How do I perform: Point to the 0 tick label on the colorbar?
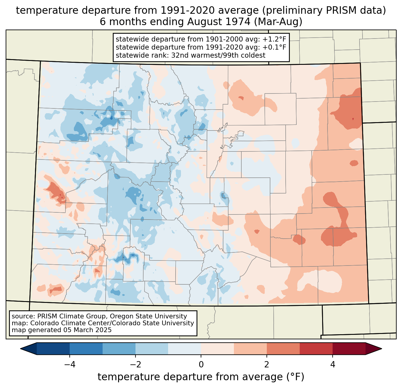[201, 364]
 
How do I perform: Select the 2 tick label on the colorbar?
[267, 364]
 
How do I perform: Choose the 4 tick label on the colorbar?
[333, 364]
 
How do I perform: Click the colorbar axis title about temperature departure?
[201, 377]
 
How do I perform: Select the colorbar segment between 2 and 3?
[283, 349]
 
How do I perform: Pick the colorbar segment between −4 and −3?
[86, 349]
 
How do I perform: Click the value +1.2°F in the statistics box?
[274, 39]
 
